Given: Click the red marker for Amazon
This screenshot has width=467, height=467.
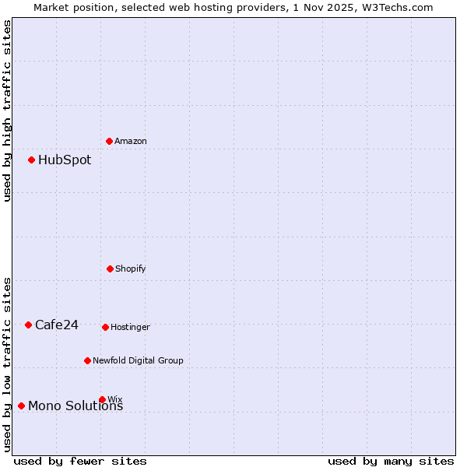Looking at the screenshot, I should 110,141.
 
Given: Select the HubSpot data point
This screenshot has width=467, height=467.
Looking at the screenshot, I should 32,160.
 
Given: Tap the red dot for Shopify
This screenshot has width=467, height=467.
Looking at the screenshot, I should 110,269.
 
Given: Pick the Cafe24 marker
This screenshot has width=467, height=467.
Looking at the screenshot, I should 29,325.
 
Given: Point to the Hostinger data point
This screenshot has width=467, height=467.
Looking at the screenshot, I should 105,327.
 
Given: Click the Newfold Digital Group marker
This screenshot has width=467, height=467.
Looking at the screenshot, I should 87,360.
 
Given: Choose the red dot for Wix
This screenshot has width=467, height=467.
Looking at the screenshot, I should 102,399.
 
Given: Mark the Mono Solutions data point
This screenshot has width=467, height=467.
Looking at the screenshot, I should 22,406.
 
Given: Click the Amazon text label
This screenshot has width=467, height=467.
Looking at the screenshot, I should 131,141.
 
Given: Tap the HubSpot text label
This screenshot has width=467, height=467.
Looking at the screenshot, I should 65,160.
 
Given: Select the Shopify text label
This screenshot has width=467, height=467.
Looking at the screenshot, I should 131,269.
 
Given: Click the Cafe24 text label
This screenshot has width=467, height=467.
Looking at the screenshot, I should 57,325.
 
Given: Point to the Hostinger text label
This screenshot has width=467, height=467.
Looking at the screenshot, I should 130,327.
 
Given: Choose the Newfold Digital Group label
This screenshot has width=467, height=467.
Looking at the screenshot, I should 138,360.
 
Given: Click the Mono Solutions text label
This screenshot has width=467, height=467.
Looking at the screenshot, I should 75,406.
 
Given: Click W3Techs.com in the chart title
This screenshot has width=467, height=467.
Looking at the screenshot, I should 400,7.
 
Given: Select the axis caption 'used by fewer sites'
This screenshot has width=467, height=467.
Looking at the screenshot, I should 80,461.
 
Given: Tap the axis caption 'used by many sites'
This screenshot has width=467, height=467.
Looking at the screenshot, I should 391,461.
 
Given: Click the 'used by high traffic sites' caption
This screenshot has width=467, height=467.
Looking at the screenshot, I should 7,111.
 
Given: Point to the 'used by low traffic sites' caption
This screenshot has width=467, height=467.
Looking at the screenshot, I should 7,363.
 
